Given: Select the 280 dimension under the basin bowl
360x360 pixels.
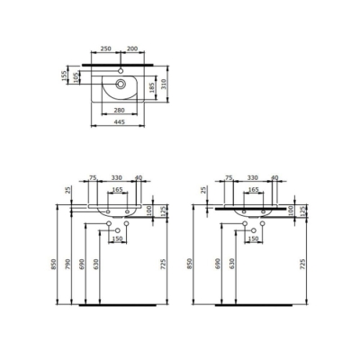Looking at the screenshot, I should point(119,108).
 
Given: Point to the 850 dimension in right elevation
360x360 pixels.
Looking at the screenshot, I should point(191,263).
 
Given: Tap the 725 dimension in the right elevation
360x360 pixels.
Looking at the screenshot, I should point(303,263).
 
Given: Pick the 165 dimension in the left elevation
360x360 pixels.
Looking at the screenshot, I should point(117,191).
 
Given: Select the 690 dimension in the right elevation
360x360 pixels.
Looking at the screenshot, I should point(216,263).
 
